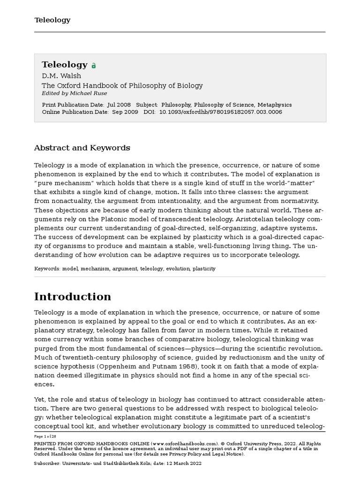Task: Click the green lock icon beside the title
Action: [x=94, y=66]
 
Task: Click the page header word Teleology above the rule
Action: [x=52, y=20]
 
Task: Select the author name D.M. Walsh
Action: [x=61, y=76]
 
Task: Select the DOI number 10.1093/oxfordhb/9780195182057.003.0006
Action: [x=220, y=112]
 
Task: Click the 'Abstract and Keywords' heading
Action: [x=82, y=148]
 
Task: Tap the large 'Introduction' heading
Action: [x=73, y=297]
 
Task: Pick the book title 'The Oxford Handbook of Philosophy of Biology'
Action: [x=122, y=85]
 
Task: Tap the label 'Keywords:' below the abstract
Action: [x=47, y=269]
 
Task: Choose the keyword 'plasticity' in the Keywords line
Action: [x=204, y=269]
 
